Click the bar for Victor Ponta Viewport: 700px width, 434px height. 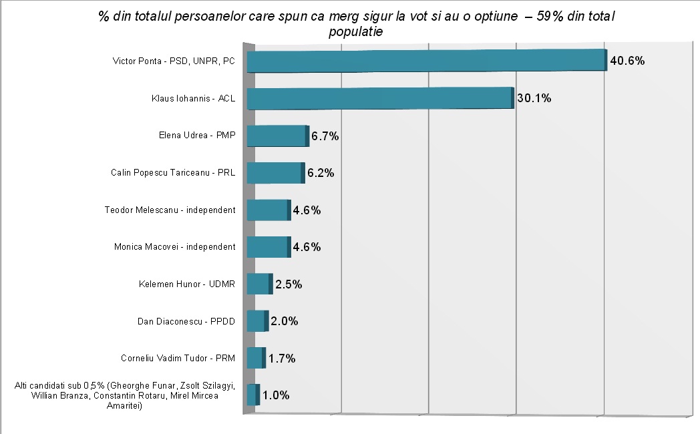(x=426, y=61)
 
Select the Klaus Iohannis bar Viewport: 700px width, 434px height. (x=379, y=99)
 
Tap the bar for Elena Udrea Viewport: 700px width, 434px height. (x=277, y=136)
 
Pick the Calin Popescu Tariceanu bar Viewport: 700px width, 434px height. (x=275, y=173)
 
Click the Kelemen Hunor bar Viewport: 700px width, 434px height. (x=258, y=284)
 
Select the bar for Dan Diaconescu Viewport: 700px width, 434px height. (x=256, y=321)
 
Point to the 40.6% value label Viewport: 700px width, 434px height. (x=627, y=61)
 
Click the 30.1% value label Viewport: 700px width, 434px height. (x=534, y=99)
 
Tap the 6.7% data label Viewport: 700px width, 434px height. (x=325, y=136)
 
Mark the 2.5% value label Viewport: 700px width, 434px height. (x=289, y=284)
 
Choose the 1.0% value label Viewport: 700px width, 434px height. (x=275, y=395)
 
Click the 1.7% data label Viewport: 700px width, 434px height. (x=281, y=359)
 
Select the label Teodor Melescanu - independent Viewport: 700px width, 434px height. (x=170, y=210)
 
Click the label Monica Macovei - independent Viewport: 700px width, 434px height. (x=175, y=247)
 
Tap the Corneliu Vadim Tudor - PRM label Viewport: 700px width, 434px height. (x=178, y=358)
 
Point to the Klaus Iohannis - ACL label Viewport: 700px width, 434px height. (x=194, y=99)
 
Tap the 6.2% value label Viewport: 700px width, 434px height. (x=321, y=174)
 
